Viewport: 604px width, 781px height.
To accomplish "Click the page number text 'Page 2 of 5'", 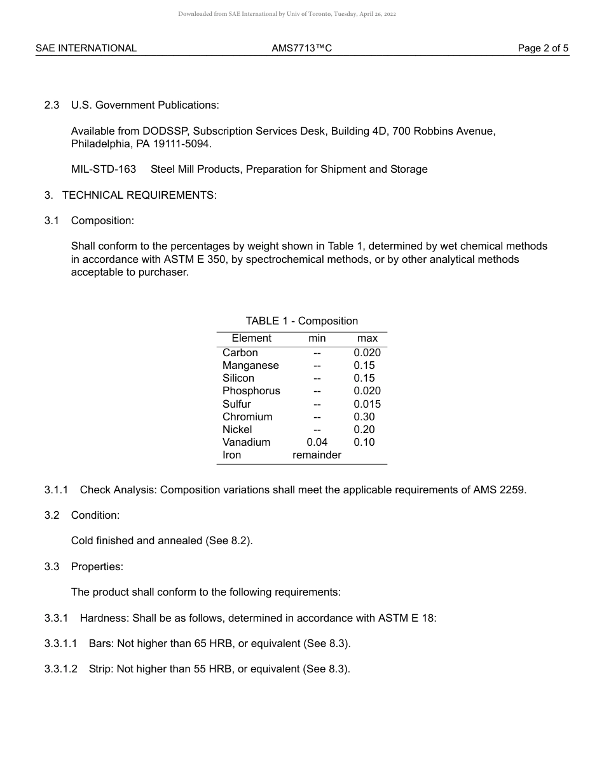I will tap(543, 48).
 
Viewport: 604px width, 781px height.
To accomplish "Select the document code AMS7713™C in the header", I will tap(301, 48).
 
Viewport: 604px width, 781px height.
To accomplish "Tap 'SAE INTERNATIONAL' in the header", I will tap(86, 48).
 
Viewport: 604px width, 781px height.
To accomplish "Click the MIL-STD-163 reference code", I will tap(104, 170).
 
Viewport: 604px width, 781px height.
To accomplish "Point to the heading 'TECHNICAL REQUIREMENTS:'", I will tap(139, 195).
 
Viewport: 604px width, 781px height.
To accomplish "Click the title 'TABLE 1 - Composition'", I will tap(301, 321).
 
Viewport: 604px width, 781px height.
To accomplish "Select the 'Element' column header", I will tap(251, 338).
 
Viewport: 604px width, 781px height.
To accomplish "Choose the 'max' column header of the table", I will tap(367, 338).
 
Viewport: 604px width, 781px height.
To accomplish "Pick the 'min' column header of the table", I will tap(317, 338).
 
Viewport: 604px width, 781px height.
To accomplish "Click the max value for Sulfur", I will tap(367, 404).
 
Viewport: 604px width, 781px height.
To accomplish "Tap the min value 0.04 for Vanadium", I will tap(317, 443).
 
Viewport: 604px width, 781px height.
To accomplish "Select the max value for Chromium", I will tap(364, 417).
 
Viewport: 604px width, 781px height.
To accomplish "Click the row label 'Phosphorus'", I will tap(251, 391).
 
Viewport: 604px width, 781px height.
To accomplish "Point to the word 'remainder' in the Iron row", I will tap(317, 455).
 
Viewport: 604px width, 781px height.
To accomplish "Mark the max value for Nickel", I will tap(364, 430).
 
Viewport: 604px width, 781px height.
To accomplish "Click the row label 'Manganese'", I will tap(251, 366).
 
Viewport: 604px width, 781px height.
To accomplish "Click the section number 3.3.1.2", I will tap(60, 669).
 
